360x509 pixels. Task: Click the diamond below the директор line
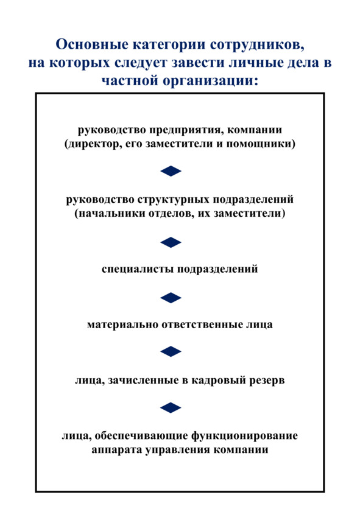171,171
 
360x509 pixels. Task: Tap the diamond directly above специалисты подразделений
171,242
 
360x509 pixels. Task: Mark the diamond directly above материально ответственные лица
171,298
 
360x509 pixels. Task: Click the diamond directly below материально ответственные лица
171,351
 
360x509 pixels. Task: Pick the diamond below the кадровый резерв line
171,408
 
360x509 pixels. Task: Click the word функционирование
244,436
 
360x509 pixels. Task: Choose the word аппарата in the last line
116,451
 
